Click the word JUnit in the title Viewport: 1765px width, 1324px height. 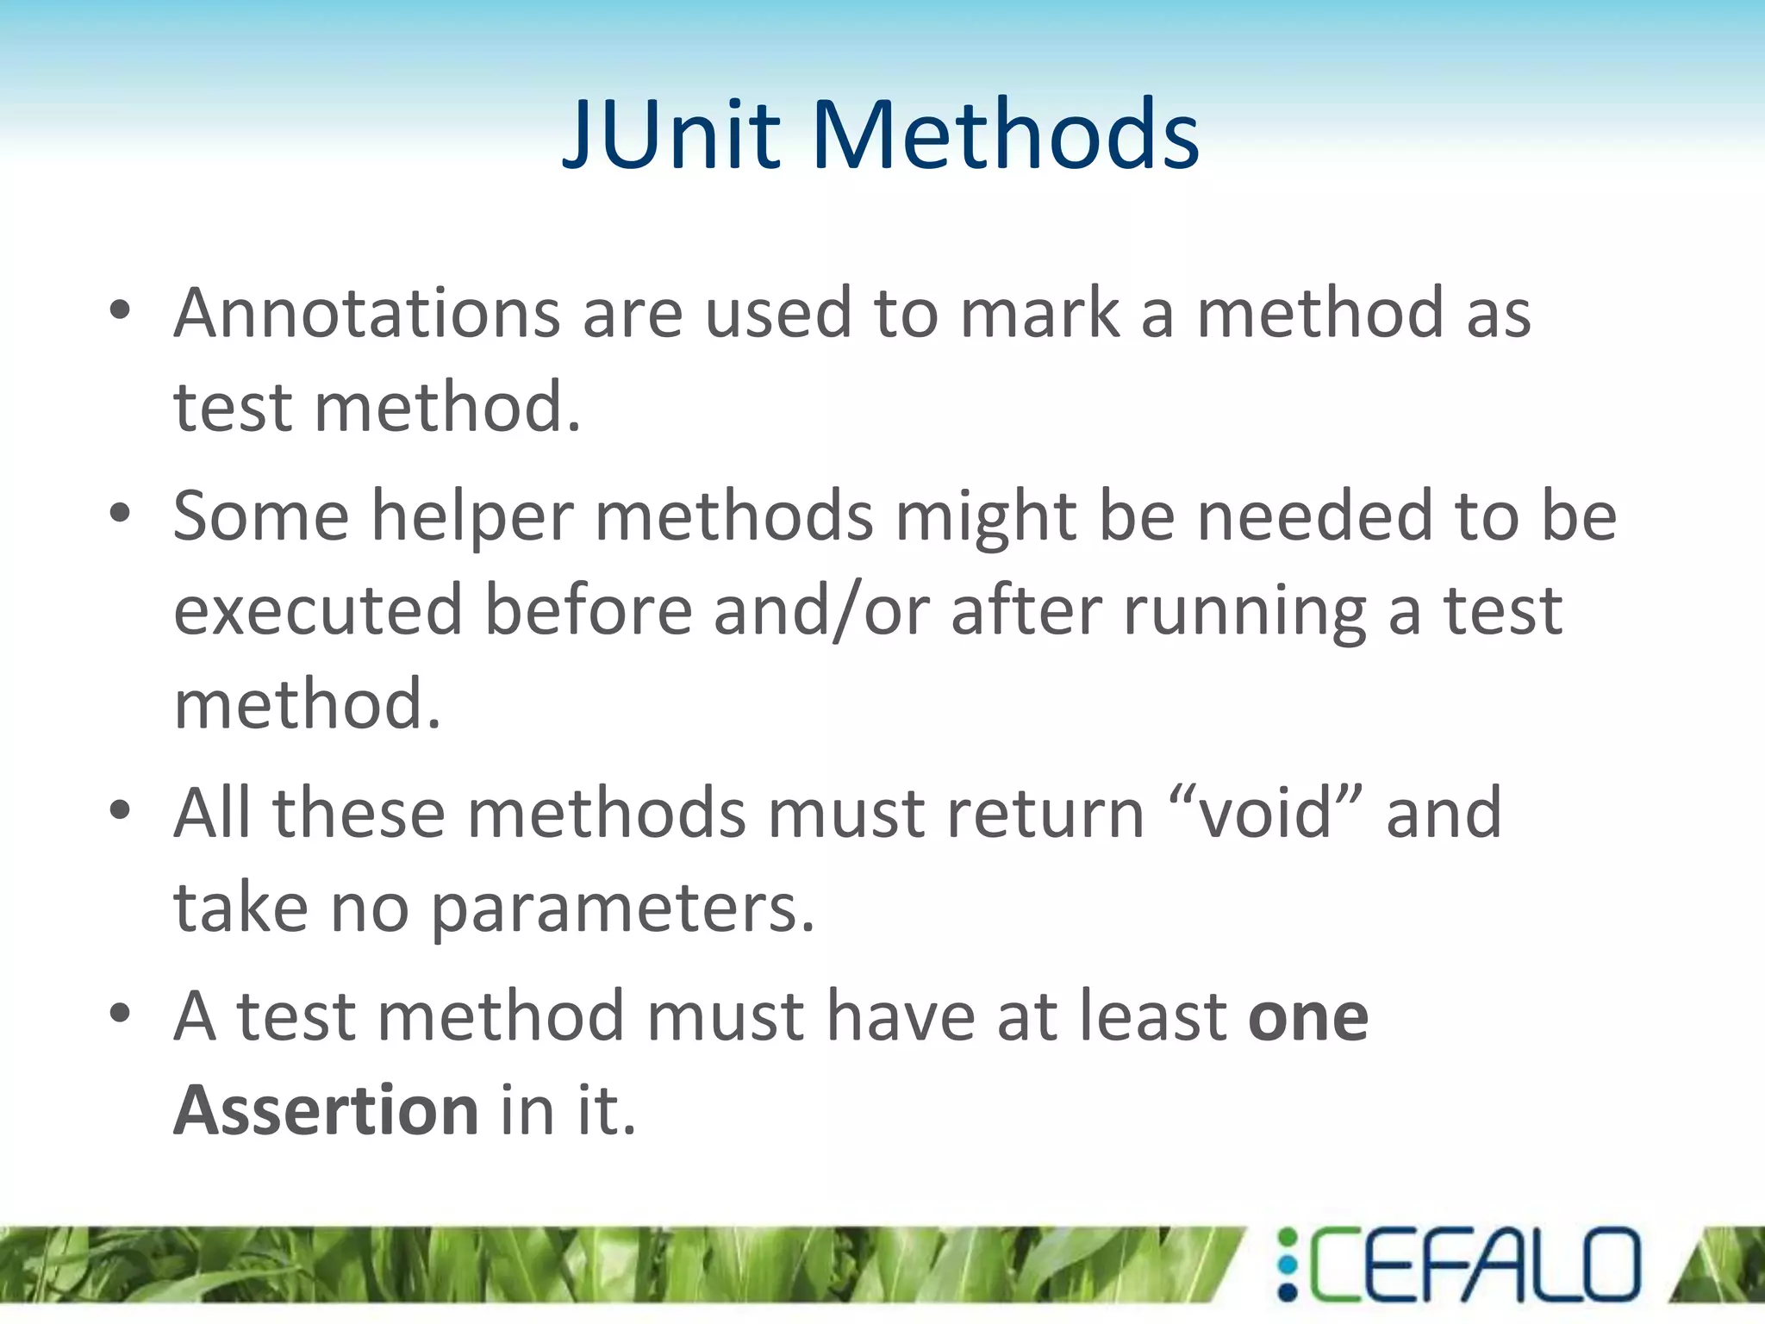point(671,135)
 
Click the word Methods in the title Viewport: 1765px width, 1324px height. point(1005,135)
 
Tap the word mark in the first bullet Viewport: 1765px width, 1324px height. point(1038,313)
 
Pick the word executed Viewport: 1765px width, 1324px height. point(318,610)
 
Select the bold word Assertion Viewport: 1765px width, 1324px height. point(326,1110)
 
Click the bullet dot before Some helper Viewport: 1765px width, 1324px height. point(120,515)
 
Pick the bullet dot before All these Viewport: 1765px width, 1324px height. point(120,810)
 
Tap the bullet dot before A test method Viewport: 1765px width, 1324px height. point(120,1014)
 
